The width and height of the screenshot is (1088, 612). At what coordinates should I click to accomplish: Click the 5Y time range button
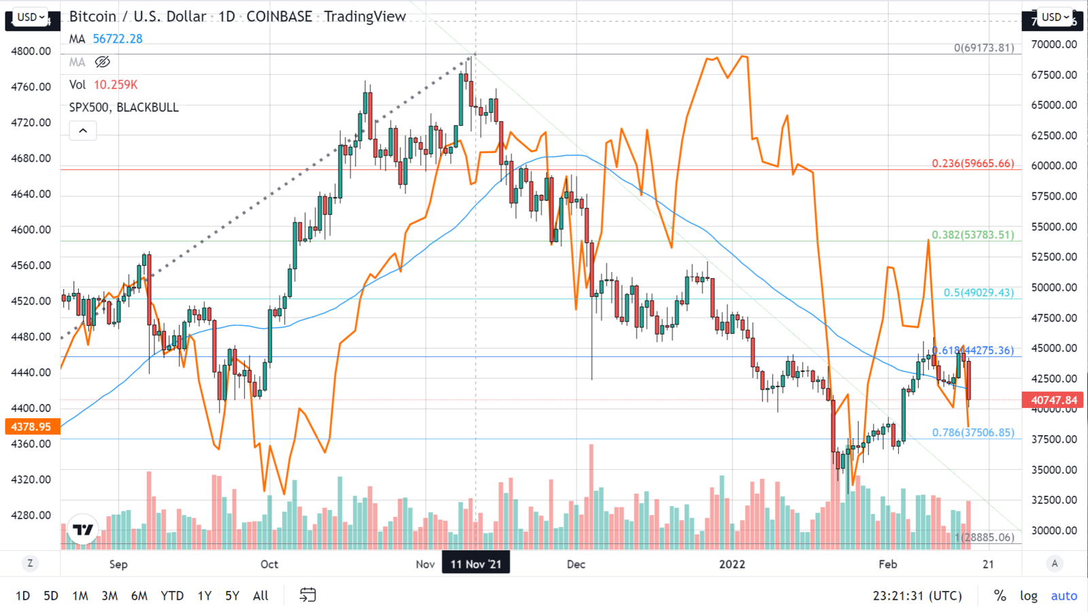232,596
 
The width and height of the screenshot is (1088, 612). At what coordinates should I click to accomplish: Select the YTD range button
172,596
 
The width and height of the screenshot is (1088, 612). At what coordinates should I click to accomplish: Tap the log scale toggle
1028,596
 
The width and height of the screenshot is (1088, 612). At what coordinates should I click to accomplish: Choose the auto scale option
1064,596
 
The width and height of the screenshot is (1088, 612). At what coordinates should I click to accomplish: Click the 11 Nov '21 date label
476,564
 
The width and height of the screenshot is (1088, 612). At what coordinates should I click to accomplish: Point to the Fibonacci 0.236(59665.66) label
972,164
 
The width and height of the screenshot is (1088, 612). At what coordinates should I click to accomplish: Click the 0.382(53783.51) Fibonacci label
972,235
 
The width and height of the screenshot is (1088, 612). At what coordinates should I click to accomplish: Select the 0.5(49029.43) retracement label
978,292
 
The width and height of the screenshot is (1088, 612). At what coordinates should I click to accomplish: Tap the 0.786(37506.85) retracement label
973,432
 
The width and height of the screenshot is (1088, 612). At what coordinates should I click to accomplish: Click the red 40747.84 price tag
1053,400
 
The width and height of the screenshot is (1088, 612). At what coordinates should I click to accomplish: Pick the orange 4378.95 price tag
31,426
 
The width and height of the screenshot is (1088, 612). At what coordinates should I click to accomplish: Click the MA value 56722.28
118,39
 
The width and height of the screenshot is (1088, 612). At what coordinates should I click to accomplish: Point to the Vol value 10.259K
116,85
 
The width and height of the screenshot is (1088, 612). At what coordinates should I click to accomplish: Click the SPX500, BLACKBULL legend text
124,107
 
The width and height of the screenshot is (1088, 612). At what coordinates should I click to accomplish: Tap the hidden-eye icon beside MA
102,63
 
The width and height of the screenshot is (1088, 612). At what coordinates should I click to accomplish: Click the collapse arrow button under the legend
83,131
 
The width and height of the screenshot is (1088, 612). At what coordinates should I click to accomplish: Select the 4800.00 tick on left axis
31,51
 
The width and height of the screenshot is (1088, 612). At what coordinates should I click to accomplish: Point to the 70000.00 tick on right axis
1054,44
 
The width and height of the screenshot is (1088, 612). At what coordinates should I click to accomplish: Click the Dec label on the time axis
576,564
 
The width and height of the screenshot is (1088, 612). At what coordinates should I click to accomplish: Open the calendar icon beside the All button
307,596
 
